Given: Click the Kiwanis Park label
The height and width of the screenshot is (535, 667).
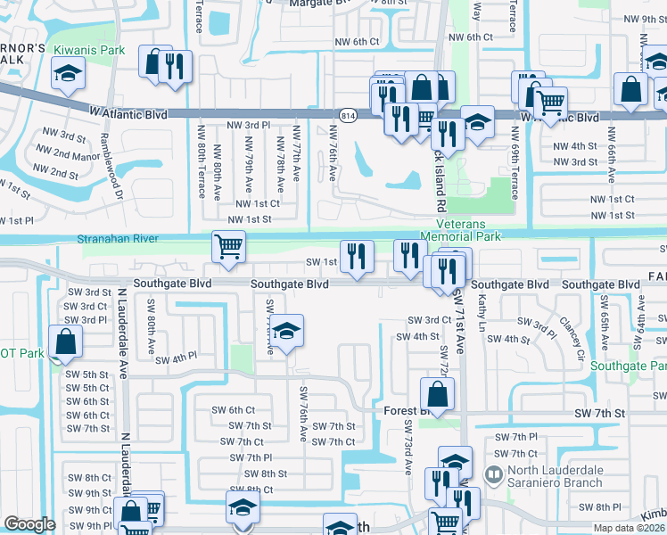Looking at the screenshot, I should (x=88, y=50).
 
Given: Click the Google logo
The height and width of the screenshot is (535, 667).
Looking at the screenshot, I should (x=29, y=524).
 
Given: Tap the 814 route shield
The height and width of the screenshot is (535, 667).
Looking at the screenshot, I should (x=348, y=114).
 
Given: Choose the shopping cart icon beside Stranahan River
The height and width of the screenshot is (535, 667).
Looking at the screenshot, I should (x=228, y=246).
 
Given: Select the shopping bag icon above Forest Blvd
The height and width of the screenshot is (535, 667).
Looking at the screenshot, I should (x=437, y=391).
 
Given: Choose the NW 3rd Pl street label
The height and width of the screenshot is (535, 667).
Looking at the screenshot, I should (x=249, y=126).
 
